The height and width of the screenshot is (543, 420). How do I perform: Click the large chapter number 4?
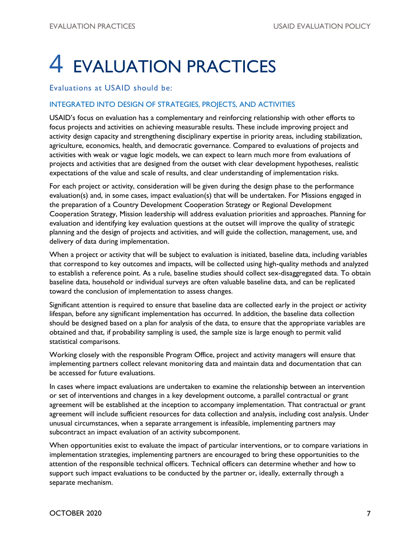(57, 64)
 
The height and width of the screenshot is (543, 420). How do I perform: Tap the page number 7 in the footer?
(368, 513)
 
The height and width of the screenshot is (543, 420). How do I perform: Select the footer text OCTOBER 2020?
(76, 513)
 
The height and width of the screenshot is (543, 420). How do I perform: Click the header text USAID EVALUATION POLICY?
(322, 26)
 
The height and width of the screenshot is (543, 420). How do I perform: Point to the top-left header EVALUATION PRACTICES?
(92, 26)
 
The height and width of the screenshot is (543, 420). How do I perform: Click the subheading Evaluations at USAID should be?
(111, 88)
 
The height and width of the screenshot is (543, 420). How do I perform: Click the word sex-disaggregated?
(311, 273)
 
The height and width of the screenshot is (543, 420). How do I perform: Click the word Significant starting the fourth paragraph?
(67, 305)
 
